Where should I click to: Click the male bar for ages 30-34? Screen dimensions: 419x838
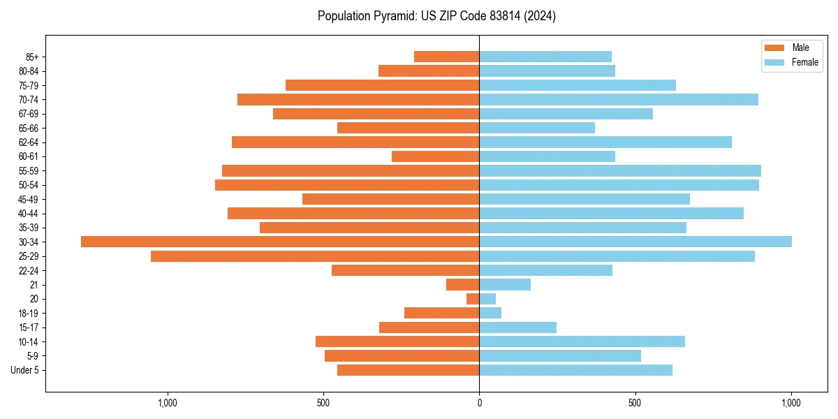tap(279, 242)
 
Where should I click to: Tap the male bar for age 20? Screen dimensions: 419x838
tap(473, 299)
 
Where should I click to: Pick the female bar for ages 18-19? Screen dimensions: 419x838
tap(490, 313)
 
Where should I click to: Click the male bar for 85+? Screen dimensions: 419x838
tap(447, 57)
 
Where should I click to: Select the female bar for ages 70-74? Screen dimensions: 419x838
tap(619, 99)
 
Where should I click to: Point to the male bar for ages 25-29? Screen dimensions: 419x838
tap(314, 256)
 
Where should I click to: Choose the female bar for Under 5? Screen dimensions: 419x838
tap(575, 370)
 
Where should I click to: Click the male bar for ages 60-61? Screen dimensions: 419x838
tap(436, 156)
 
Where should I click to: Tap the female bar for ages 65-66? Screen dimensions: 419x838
tap(537, 128)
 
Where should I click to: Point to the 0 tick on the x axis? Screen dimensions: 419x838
tap(479, 403)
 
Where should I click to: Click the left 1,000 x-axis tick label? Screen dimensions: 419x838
tap(167, 403)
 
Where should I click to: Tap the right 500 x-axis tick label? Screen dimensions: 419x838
tap(635, 403)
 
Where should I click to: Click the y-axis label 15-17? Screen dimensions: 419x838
tap(29, 328)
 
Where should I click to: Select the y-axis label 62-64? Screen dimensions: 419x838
tap(29, 142)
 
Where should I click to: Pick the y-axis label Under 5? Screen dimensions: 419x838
tap(24, 370)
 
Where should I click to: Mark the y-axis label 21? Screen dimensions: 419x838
tap(34, 285)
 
